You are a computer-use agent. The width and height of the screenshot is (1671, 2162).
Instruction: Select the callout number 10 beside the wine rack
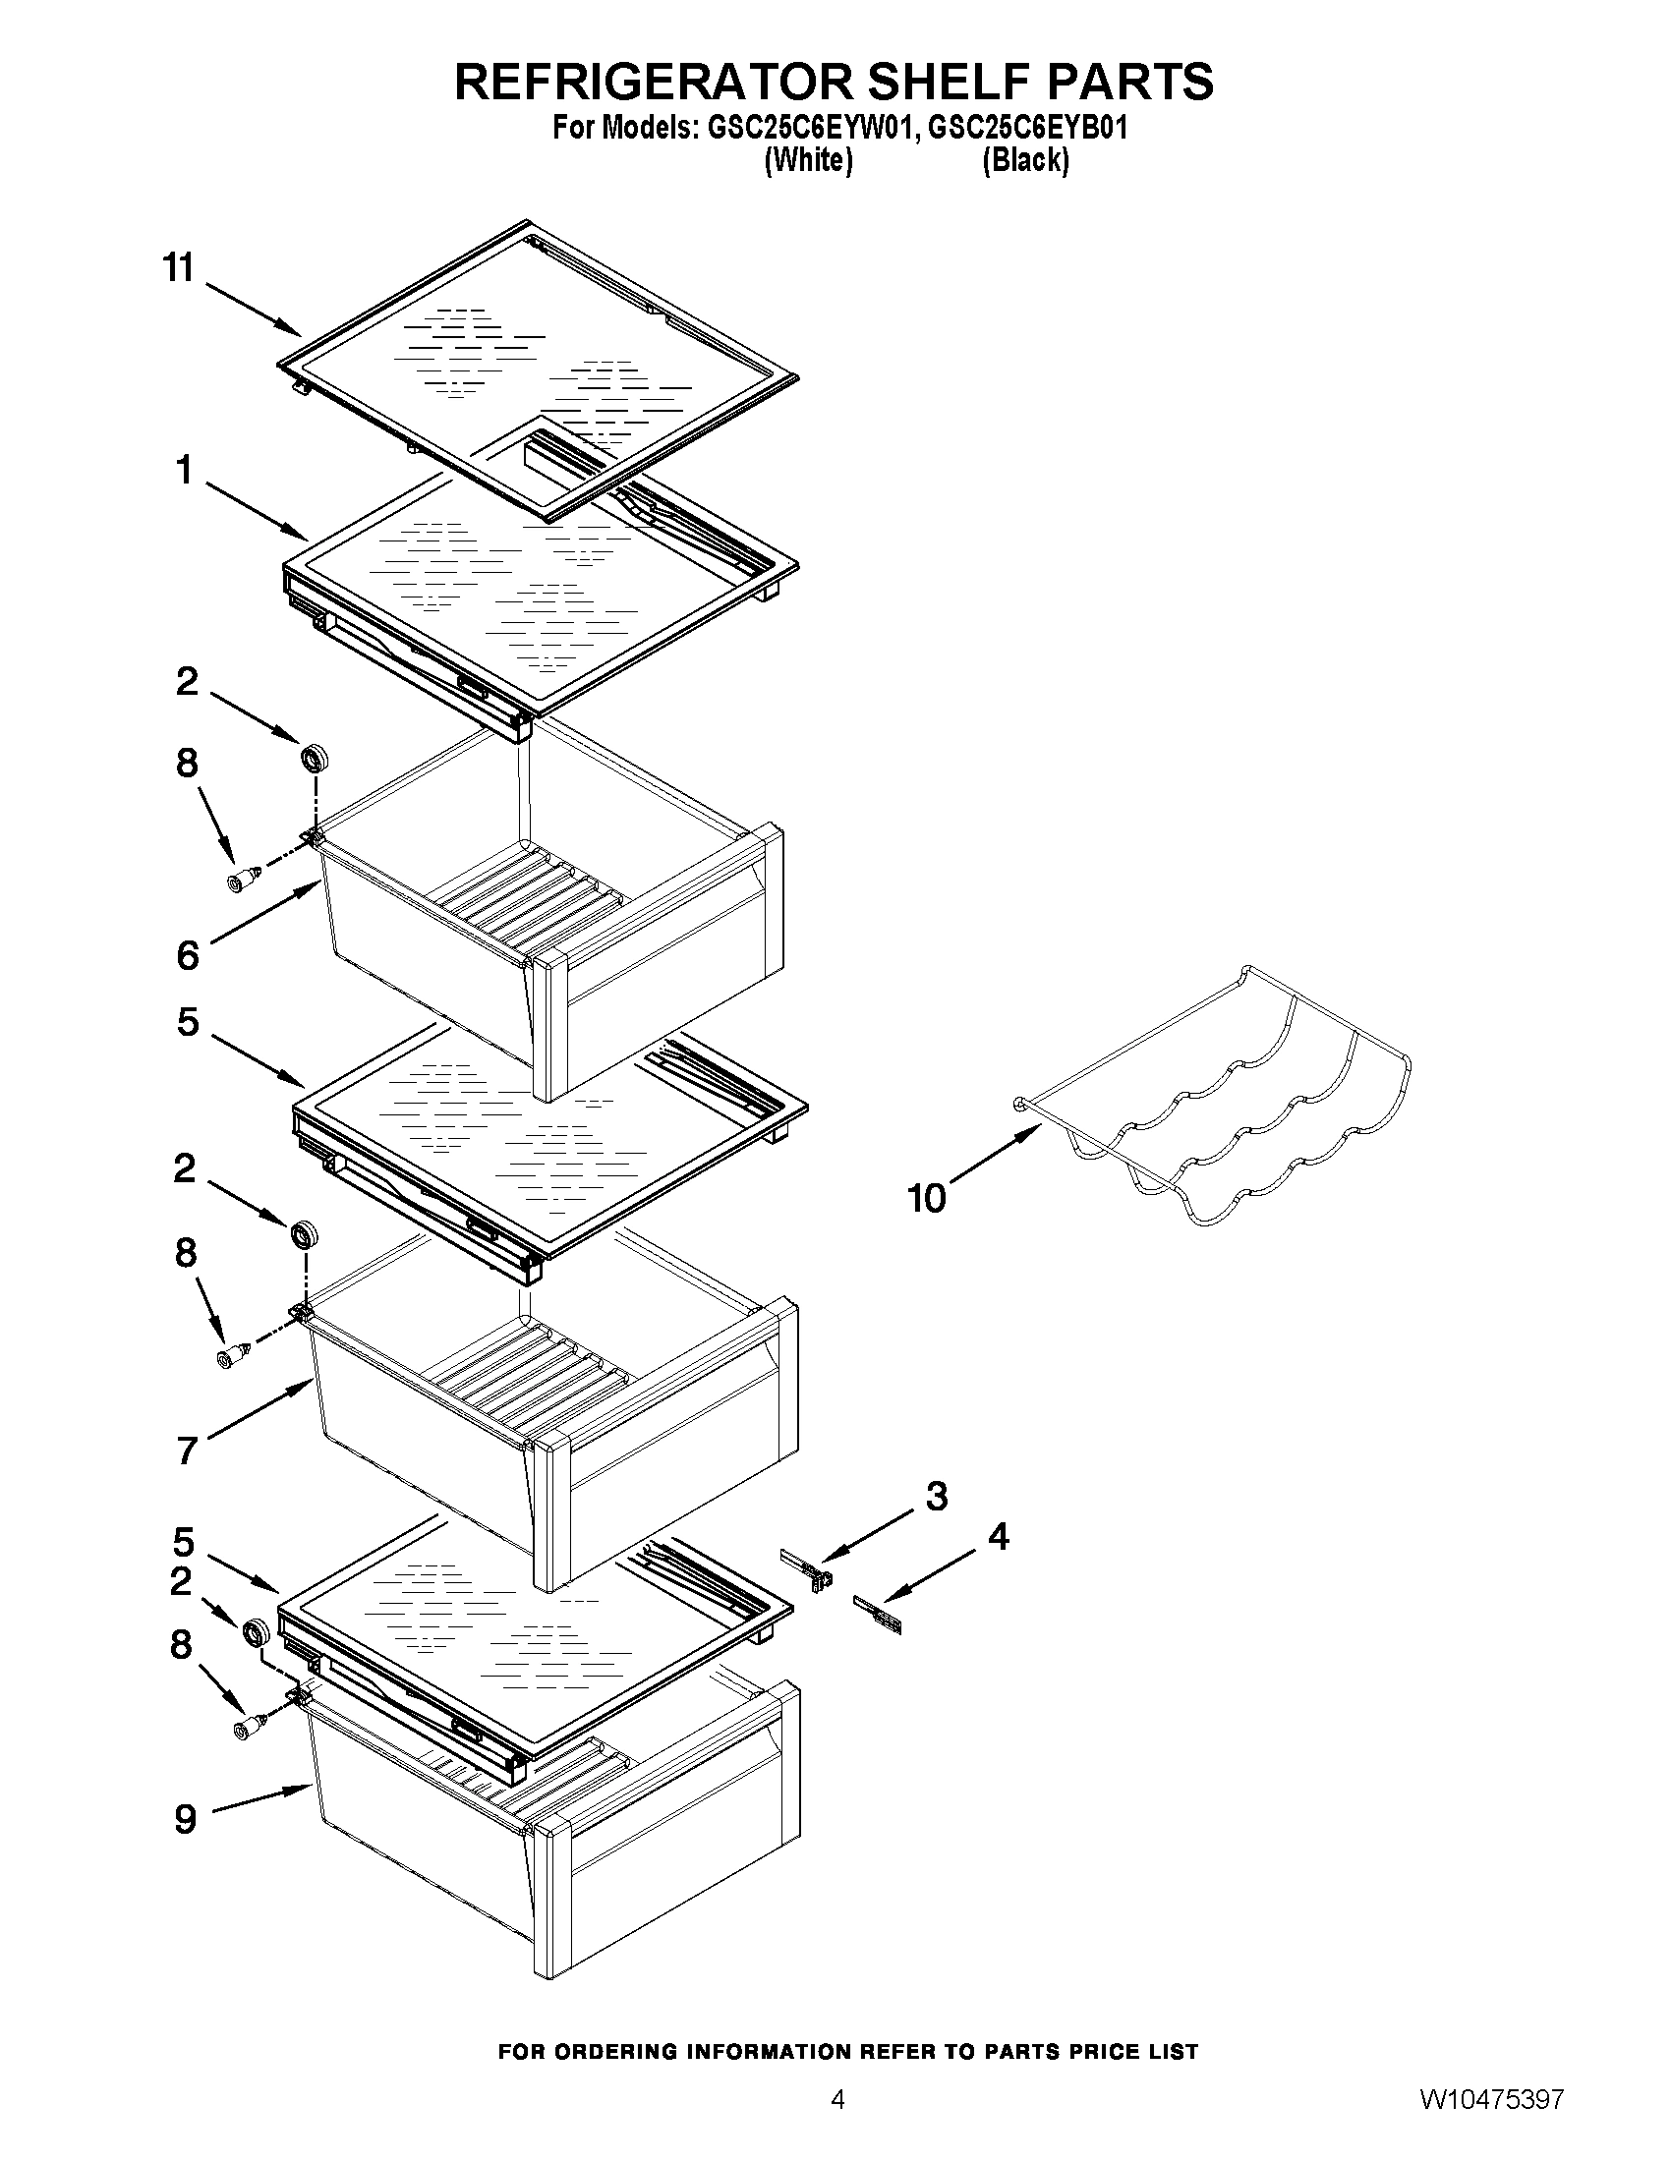tap(928, 1200)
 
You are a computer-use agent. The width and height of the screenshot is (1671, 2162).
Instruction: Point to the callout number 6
tap(188, 955)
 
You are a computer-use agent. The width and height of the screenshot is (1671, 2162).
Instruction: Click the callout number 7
tap(188, 1451)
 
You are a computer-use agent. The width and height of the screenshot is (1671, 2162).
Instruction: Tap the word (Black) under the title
tap(1024, 160)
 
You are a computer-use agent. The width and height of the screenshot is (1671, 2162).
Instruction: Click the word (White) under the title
tap(808, 160)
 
